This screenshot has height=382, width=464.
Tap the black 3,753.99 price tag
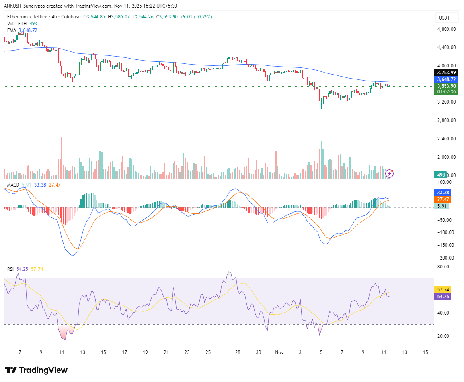click(x=446, y=73)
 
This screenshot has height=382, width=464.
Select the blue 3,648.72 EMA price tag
click(x=446, y=79)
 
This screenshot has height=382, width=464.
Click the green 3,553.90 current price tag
click(x=446, y=86)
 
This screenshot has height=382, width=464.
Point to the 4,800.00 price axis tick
click(x=446, y=29)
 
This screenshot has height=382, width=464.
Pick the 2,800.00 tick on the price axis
click(x=446, y=120)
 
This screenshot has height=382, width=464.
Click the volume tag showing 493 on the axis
click(x=441, y=175)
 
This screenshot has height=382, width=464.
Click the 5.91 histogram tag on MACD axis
click(x=441, y=206)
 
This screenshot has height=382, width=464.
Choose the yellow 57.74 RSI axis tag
click(x=443, y=289)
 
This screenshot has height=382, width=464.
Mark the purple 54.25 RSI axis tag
click(x=443, y=297)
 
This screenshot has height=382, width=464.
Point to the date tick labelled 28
click(x=238, y=352)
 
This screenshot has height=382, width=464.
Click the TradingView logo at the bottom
click(x=36, y=370)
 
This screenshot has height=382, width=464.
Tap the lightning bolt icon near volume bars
click(x=390, y=173)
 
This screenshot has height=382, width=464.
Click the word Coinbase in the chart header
click(x=71, y=17)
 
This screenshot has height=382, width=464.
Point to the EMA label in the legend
click(x=12, y=30)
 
